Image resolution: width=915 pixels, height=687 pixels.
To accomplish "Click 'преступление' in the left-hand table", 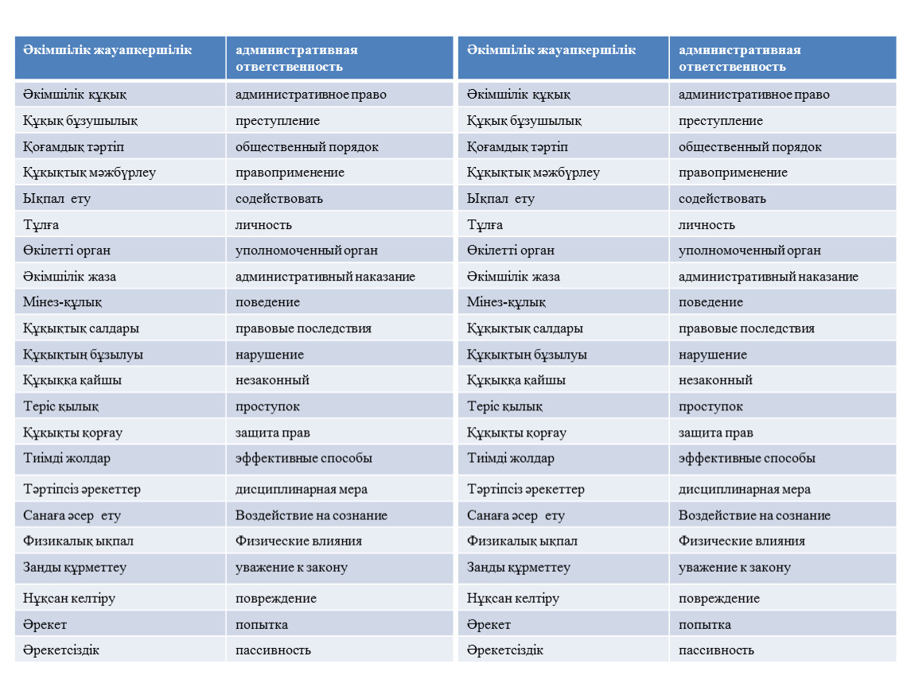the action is [278, 121].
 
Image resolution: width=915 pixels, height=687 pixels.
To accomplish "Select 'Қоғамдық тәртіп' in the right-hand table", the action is [517, 147].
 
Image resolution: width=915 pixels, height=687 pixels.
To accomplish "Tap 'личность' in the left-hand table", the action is [263, 225].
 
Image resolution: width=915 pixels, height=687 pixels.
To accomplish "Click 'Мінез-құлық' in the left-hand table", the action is [62, 302].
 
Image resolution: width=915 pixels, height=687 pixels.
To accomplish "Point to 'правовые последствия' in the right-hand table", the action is [746, 328].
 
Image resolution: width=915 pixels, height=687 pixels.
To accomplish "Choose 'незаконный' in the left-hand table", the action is [272, 380].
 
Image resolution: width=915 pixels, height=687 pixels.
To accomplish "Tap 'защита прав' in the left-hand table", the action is [273, 433].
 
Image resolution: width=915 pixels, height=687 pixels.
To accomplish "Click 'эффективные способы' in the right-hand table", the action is [746, 458].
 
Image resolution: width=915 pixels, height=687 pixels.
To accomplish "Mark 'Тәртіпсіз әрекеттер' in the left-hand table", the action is [82, 489].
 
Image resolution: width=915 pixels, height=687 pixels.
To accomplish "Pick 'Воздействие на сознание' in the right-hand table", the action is [754, 515].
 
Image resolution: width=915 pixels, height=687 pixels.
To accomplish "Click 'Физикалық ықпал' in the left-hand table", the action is [78, 541].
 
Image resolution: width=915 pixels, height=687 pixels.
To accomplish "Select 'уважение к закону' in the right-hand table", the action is [734, 568].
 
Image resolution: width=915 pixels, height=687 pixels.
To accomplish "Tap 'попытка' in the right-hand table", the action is [705, 624].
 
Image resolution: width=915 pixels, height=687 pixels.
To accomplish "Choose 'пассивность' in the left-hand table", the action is [273, 650].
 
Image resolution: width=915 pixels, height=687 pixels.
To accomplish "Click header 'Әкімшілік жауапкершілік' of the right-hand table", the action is [551, 50].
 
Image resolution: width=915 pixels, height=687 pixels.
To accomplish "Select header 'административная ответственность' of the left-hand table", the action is [296, 58].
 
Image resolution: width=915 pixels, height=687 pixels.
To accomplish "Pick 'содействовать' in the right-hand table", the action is [722, 199].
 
